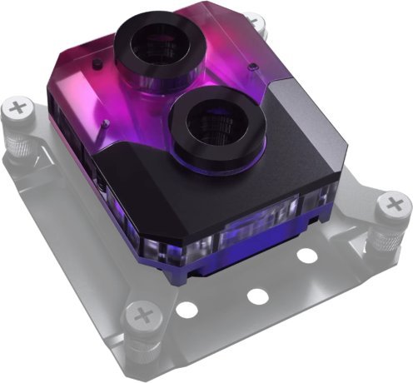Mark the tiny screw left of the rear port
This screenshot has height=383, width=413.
coord(97,64)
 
